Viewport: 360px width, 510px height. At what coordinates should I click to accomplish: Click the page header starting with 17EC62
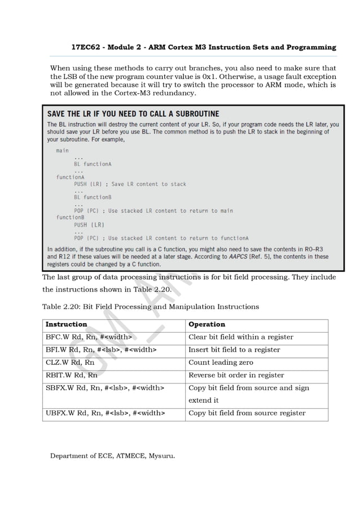coord(203,47)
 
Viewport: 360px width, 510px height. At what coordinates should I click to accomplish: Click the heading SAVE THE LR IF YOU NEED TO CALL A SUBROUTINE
coord(133,114)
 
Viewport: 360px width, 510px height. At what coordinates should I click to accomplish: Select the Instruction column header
coord(66,325)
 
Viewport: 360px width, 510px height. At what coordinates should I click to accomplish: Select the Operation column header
coord(207,325)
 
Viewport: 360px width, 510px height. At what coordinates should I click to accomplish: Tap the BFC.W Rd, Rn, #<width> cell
coord(89,337)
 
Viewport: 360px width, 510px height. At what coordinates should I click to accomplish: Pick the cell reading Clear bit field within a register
coord(241,337)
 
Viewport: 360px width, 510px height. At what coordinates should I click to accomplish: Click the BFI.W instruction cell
coord(100,350)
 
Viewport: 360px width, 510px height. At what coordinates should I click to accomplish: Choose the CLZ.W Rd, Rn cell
coord(70,363)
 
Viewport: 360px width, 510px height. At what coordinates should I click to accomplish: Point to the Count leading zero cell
coord(221,363)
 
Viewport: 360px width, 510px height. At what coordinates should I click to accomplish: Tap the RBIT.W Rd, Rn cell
coord(72,375)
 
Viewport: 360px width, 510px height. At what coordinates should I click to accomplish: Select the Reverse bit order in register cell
coord(236,375)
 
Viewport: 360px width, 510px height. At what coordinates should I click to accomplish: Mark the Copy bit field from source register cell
coord(247,413)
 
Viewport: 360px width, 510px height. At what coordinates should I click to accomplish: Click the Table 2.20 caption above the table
coord(151,307)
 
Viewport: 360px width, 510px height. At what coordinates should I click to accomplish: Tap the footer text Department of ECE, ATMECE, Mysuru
coord(113,455)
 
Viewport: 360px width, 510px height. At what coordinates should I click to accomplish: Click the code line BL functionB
coord(93,197)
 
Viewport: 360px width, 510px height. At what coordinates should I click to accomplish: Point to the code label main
coord(62,151)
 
